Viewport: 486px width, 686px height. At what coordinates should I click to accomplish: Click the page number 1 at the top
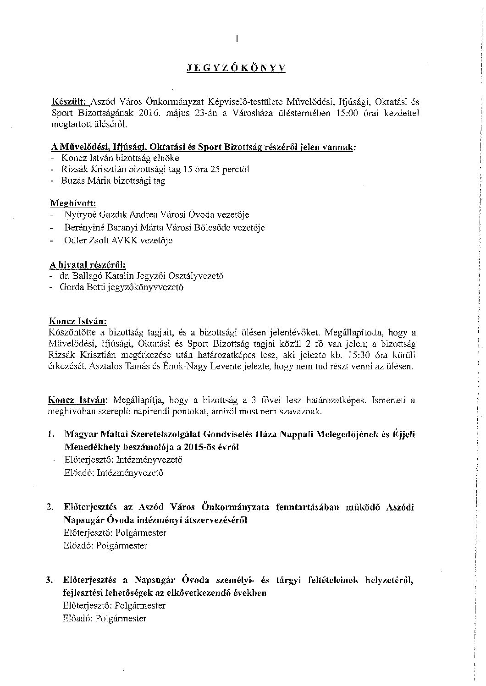(x=237, y=39)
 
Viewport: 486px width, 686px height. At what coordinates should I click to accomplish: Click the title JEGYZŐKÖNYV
(x=236, y=68)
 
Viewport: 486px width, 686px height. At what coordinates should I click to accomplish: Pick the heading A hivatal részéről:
(x=87, y=265)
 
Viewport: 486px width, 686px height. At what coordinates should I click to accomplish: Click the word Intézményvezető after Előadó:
(x=130, y=473)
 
